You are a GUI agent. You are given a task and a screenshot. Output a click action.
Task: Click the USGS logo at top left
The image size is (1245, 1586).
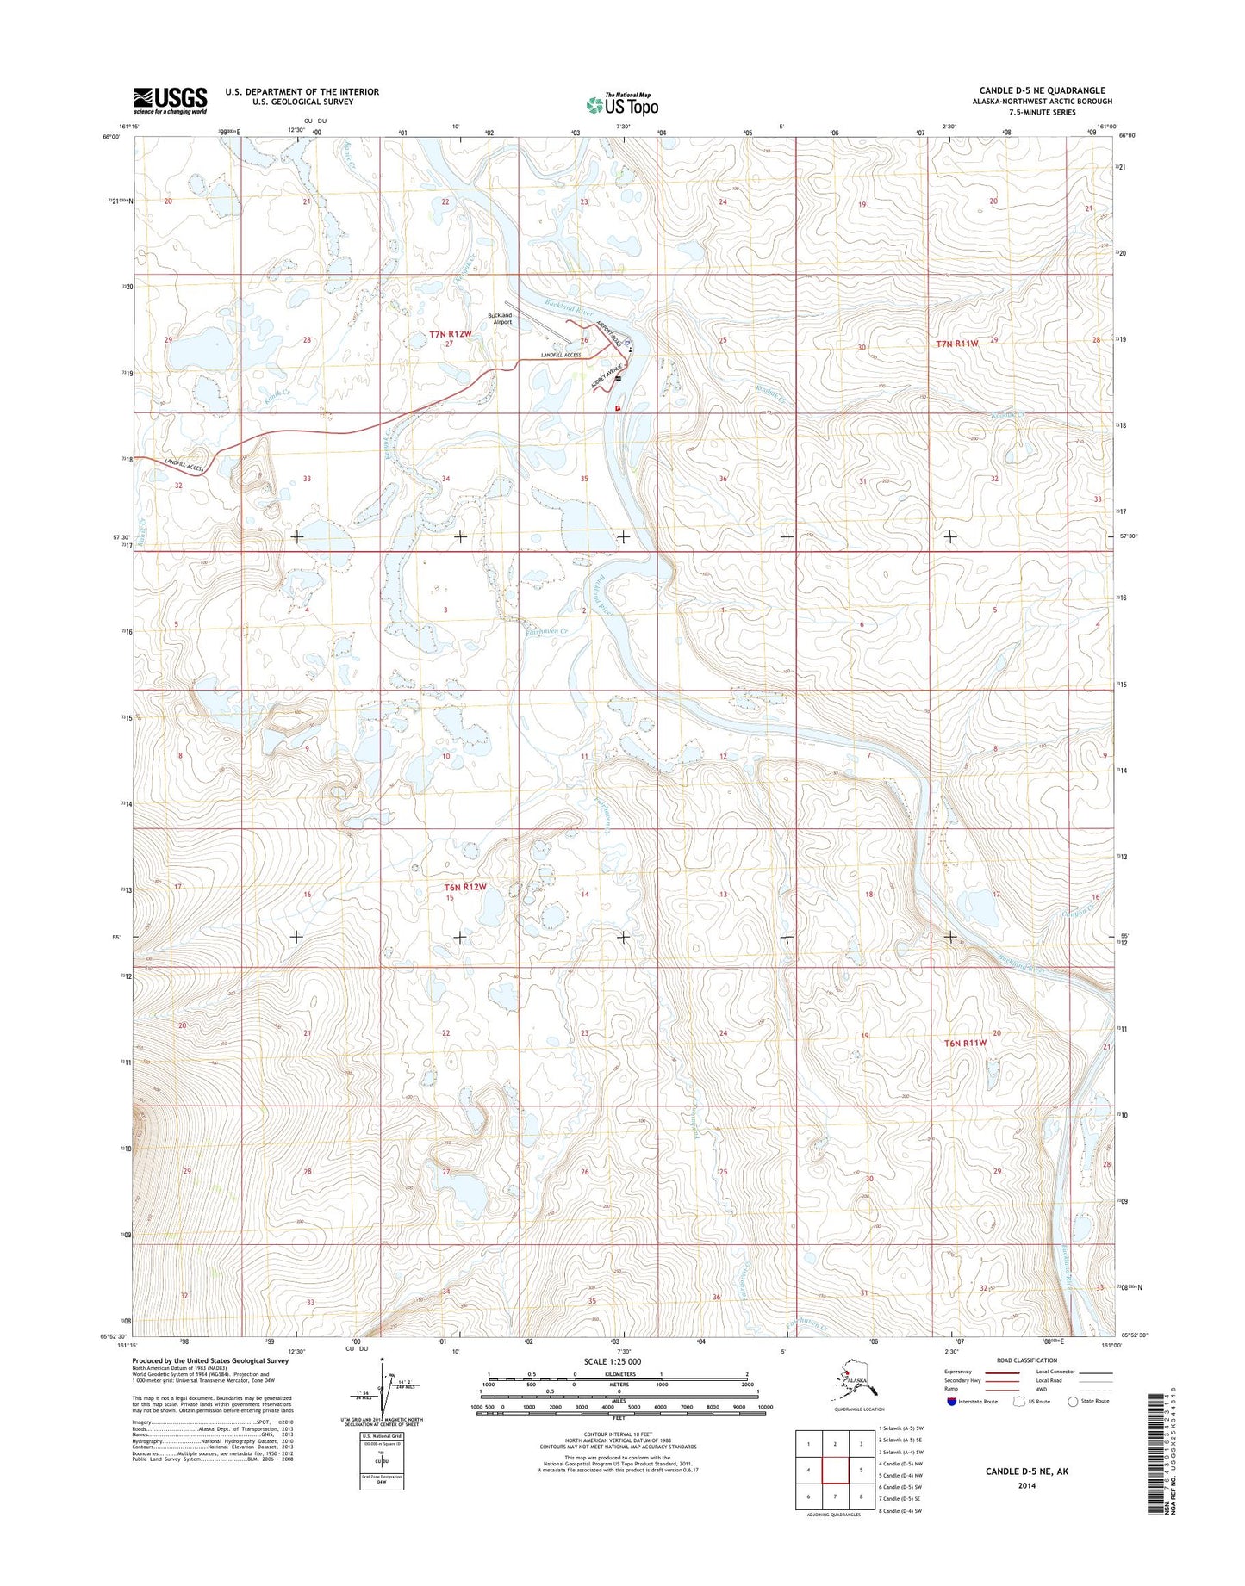pyautogui.click(x=170, y=100)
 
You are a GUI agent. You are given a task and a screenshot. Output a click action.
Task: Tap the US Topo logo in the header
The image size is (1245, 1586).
pyautogui.click(x=622, y=105)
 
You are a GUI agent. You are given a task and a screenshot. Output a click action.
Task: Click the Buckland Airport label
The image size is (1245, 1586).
pyautogui.click(x=500, y=319)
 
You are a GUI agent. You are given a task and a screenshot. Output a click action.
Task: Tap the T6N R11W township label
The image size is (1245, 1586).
pyautogui.click(x=964, y=1043)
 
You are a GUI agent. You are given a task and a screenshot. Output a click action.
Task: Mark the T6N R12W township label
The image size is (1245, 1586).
pyautogui.click(x=465, y=886)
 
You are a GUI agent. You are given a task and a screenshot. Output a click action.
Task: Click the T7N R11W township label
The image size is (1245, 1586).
pyautogui.click(x=957, y=343)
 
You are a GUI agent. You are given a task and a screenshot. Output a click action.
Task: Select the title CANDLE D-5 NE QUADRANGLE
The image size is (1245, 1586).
pyautogui.click(x=1043, y=90)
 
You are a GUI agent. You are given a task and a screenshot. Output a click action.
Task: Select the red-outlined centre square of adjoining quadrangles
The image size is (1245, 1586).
pyautogui.click(x=834, y=1471)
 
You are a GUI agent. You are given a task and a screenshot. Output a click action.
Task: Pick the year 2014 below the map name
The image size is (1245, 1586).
pyautogui.click(x=1026, y=1485)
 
